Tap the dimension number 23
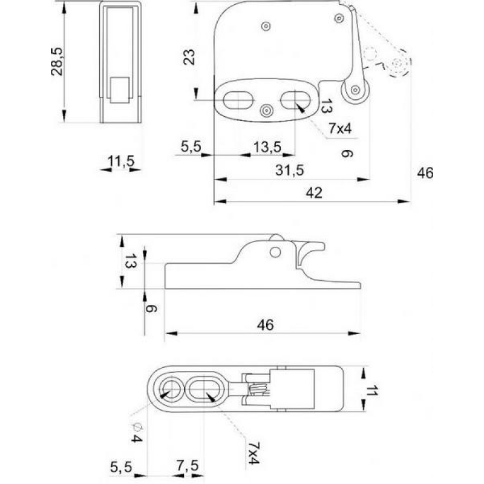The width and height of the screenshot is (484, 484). click(x=189, y=57)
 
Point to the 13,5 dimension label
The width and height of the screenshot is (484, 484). click(x=267, y=147)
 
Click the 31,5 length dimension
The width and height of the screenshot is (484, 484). click(x=289, y=170)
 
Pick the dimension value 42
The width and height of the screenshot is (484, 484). click(x=313, y=192)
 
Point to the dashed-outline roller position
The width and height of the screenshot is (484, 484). click(x=397, y=65)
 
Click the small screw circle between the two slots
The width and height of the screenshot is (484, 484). click(x=266, y=110)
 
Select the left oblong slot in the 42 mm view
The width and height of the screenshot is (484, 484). click(x=238, y=99)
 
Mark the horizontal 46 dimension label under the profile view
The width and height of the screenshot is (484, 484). click(x=265, y=325)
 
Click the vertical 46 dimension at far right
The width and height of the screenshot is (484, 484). click(x=425, y=174)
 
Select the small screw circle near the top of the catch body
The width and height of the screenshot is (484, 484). click(x=266, y=25)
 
